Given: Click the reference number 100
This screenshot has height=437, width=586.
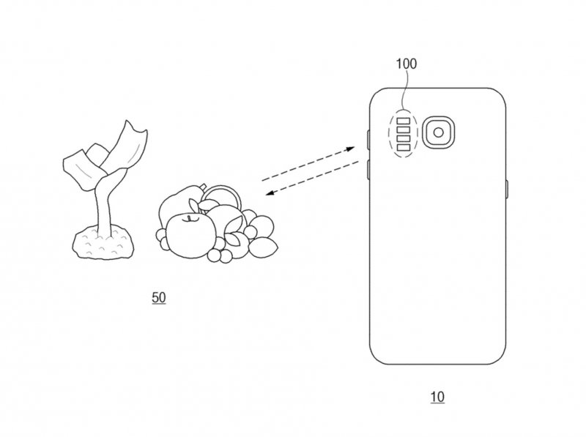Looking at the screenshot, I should click(x=406, y=64).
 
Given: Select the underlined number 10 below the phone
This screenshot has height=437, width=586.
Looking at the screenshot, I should click(x=437, y=397).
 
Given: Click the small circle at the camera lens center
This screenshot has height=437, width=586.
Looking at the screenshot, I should click(x=439, y=132).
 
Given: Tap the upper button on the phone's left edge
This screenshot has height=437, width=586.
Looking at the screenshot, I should click(x=366, y=138).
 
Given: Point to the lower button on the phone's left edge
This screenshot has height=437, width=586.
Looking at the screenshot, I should click(x=366, y=170).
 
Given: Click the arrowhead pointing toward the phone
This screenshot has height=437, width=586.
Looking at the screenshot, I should click(x=352, y=149).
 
